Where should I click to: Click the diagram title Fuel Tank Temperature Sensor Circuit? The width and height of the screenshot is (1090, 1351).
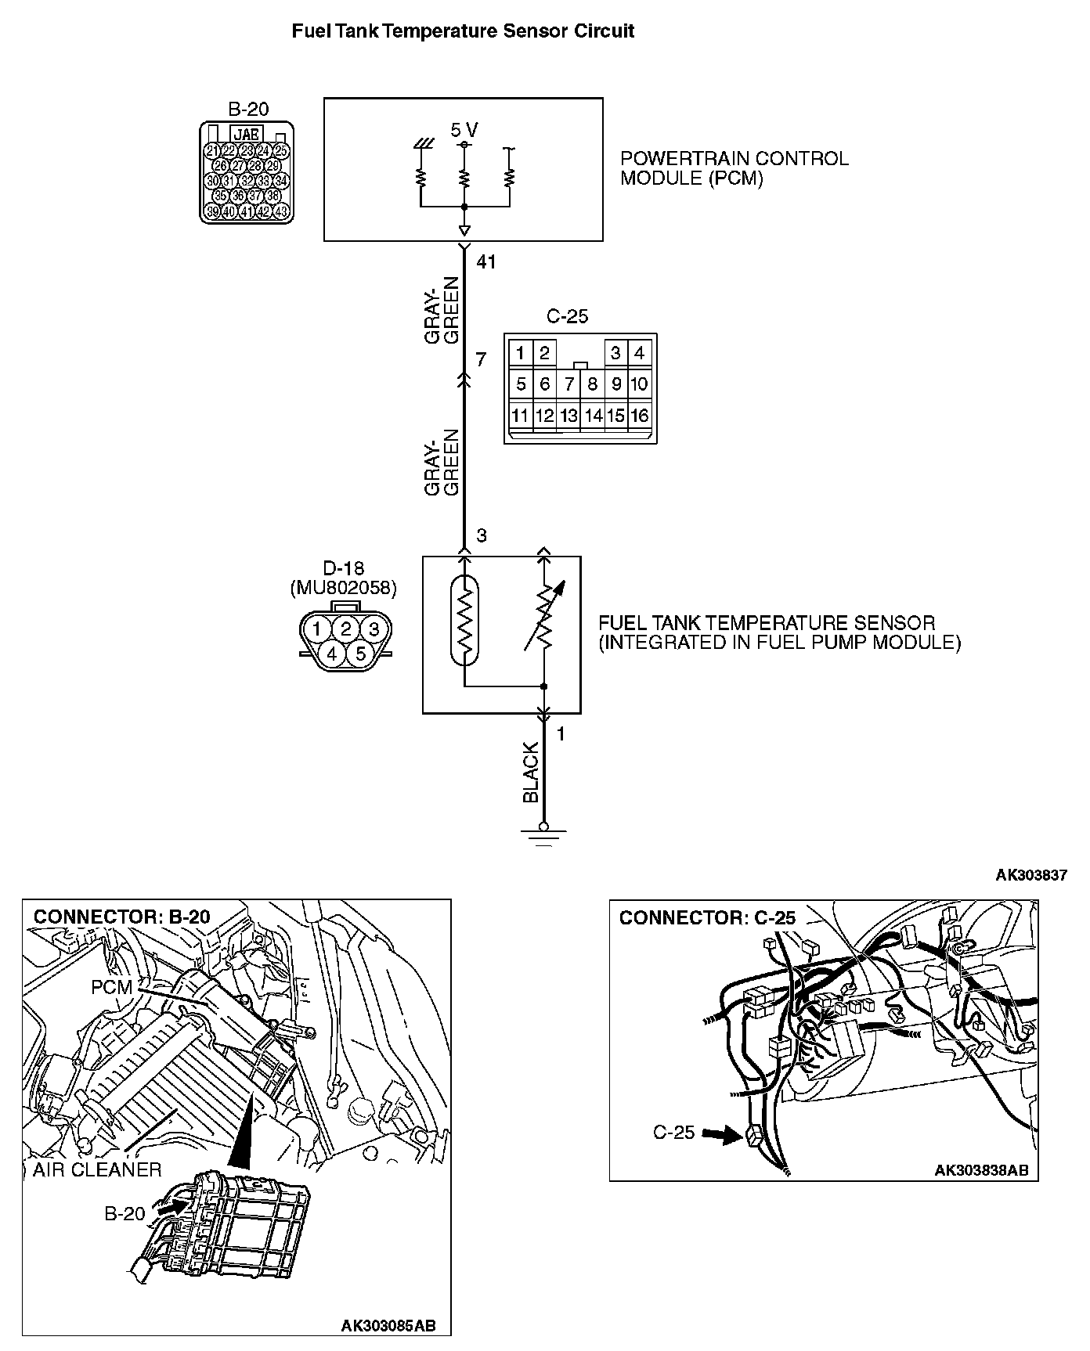(x=463, y=31)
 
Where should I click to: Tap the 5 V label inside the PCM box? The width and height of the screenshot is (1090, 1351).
(x=464, y=130)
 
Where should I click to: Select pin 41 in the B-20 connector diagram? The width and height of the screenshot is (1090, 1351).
(x=247, y=211)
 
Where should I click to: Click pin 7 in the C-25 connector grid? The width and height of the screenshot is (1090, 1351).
(x=569, y=384)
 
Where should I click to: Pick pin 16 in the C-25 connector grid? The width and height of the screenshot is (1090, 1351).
(x=640, y=416)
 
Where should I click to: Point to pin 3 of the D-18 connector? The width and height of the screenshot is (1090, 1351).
(x=374, y=629)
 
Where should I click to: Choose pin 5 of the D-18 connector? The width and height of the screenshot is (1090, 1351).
(x=360, y=653)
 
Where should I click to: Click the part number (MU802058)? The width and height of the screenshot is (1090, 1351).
(x=343, y=588)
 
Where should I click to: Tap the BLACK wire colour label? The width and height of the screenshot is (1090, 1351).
(x=531, y=773)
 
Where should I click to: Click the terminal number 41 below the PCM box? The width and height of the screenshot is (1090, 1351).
(x=486, y=262)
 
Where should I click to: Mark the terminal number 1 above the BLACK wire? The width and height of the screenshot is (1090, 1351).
(x=561, y=734)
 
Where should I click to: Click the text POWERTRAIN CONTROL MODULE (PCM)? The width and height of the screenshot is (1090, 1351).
(x=734, y=168)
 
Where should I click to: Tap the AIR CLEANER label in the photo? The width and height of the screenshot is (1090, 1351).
(x=97, y=1169)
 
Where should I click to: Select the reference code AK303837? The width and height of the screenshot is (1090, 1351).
(x=1030, y=875)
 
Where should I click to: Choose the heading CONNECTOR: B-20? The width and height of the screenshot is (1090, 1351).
(x=122, y=917)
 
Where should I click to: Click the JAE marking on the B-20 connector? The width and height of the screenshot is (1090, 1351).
(x=247, y=134)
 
